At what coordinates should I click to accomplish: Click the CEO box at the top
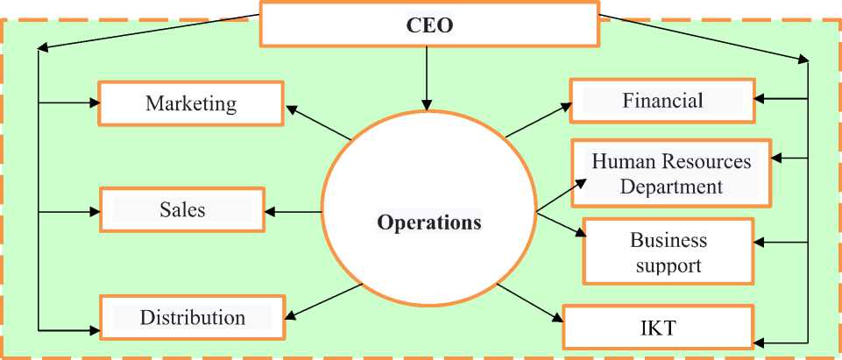tap(429, 25)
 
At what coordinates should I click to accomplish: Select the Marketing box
tap(191, 103)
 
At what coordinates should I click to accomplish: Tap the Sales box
tap(182, 209)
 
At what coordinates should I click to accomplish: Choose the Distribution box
tap(192, 317)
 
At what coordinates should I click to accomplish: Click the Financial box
tap(662, 101)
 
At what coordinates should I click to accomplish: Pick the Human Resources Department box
tap(671, 173)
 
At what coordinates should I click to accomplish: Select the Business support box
tap(668, 252)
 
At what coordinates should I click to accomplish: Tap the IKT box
tap(657, 328)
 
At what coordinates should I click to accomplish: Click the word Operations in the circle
tap(428, 222)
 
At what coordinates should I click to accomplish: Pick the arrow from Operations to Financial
tap(538, 120)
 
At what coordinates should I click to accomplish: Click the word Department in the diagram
tap(671, 187)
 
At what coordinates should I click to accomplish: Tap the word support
tap(668, 265)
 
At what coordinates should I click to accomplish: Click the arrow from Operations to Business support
tap(559, 223)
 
